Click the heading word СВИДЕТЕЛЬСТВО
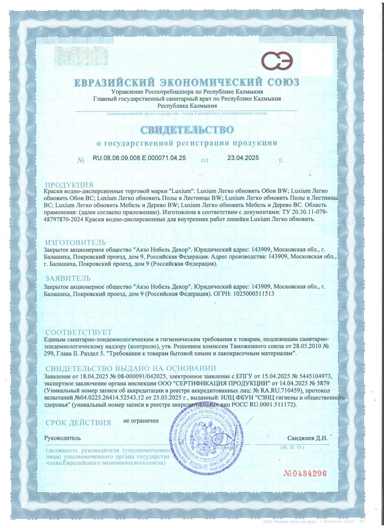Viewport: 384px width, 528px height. pos(187,130)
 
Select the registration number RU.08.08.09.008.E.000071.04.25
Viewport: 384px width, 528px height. pos(139,158)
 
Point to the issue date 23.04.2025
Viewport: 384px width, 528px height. pos(243,158)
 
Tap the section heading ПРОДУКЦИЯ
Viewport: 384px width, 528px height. pos(69,185)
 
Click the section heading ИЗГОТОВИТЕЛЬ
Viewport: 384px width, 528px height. pos(76,242)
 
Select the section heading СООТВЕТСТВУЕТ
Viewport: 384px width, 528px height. pos(79,332)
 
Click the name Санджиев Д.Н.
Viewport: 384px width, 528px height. pos(307,438)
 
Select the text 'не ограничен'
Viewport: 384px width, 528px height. pos(141,421)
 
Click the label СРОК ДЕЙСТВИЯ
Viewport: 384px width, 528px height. pos(78,422)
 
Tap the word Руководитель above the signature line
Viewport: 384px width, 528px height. pos(62,438)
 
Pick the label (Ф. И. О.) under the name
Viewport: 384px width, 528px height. pos(292,447)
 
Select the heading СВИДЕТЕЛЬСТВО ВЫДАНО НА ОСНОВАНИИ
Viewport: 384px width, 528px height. pos(131,368)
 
